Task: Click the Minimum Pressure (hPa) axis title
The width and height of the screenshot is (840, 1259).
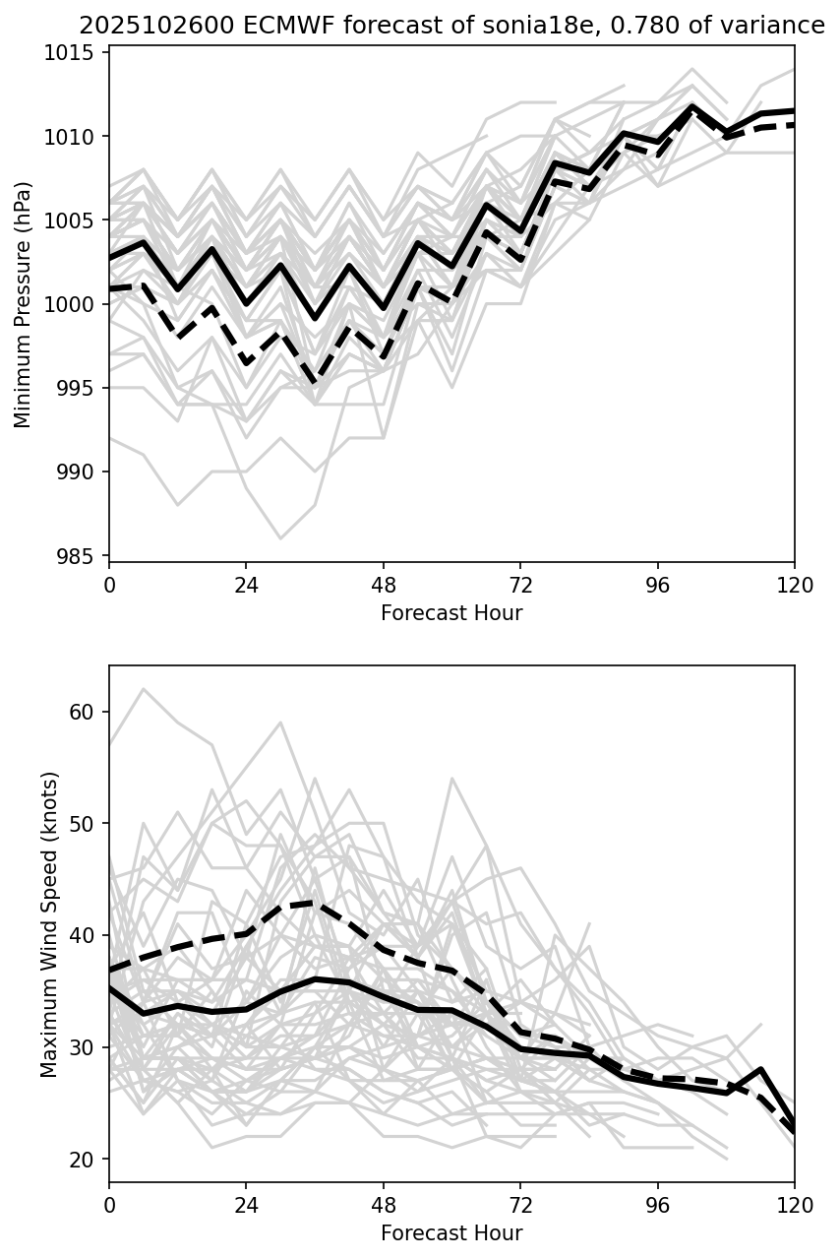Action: tap(24, 304)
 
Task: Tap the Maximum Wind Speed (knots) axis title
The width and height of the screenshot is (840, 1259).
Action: tap(49, 923)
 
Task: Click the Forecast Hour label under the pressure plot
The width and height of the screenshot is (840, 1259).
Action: tap(451, 613)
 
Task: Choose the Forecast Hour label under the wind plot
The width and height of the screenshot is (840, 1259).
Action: tap(451, 1233)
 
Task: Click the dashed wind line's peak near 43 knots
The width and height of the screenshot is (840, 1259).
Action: tap(314, 902)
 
